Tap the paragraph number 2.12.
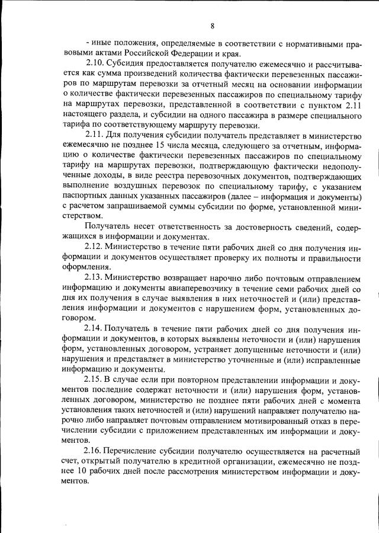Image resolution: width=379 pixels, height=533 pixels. point(94,246)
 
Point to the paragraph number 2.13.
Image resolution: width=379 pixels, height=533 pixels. point(94,277)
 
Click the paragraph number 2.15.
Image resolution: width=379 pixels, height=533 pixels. point(94,379)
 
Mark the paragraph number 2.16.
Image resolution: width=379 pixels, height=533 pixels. point(94,452)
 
